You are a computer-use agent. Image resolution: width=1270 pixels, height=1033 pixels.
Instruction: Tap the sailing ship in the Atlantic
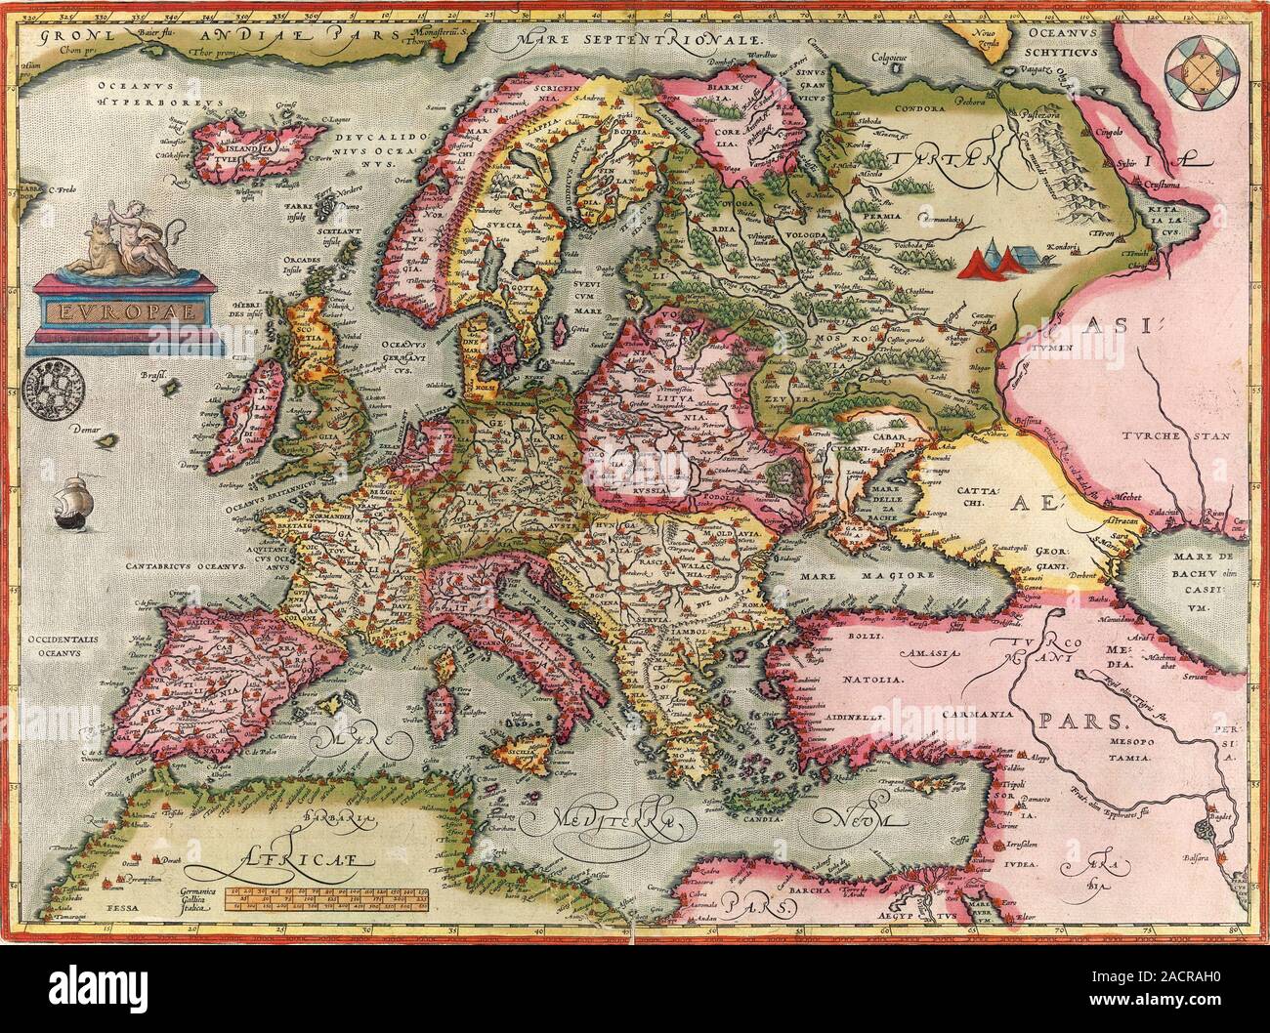70,506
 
